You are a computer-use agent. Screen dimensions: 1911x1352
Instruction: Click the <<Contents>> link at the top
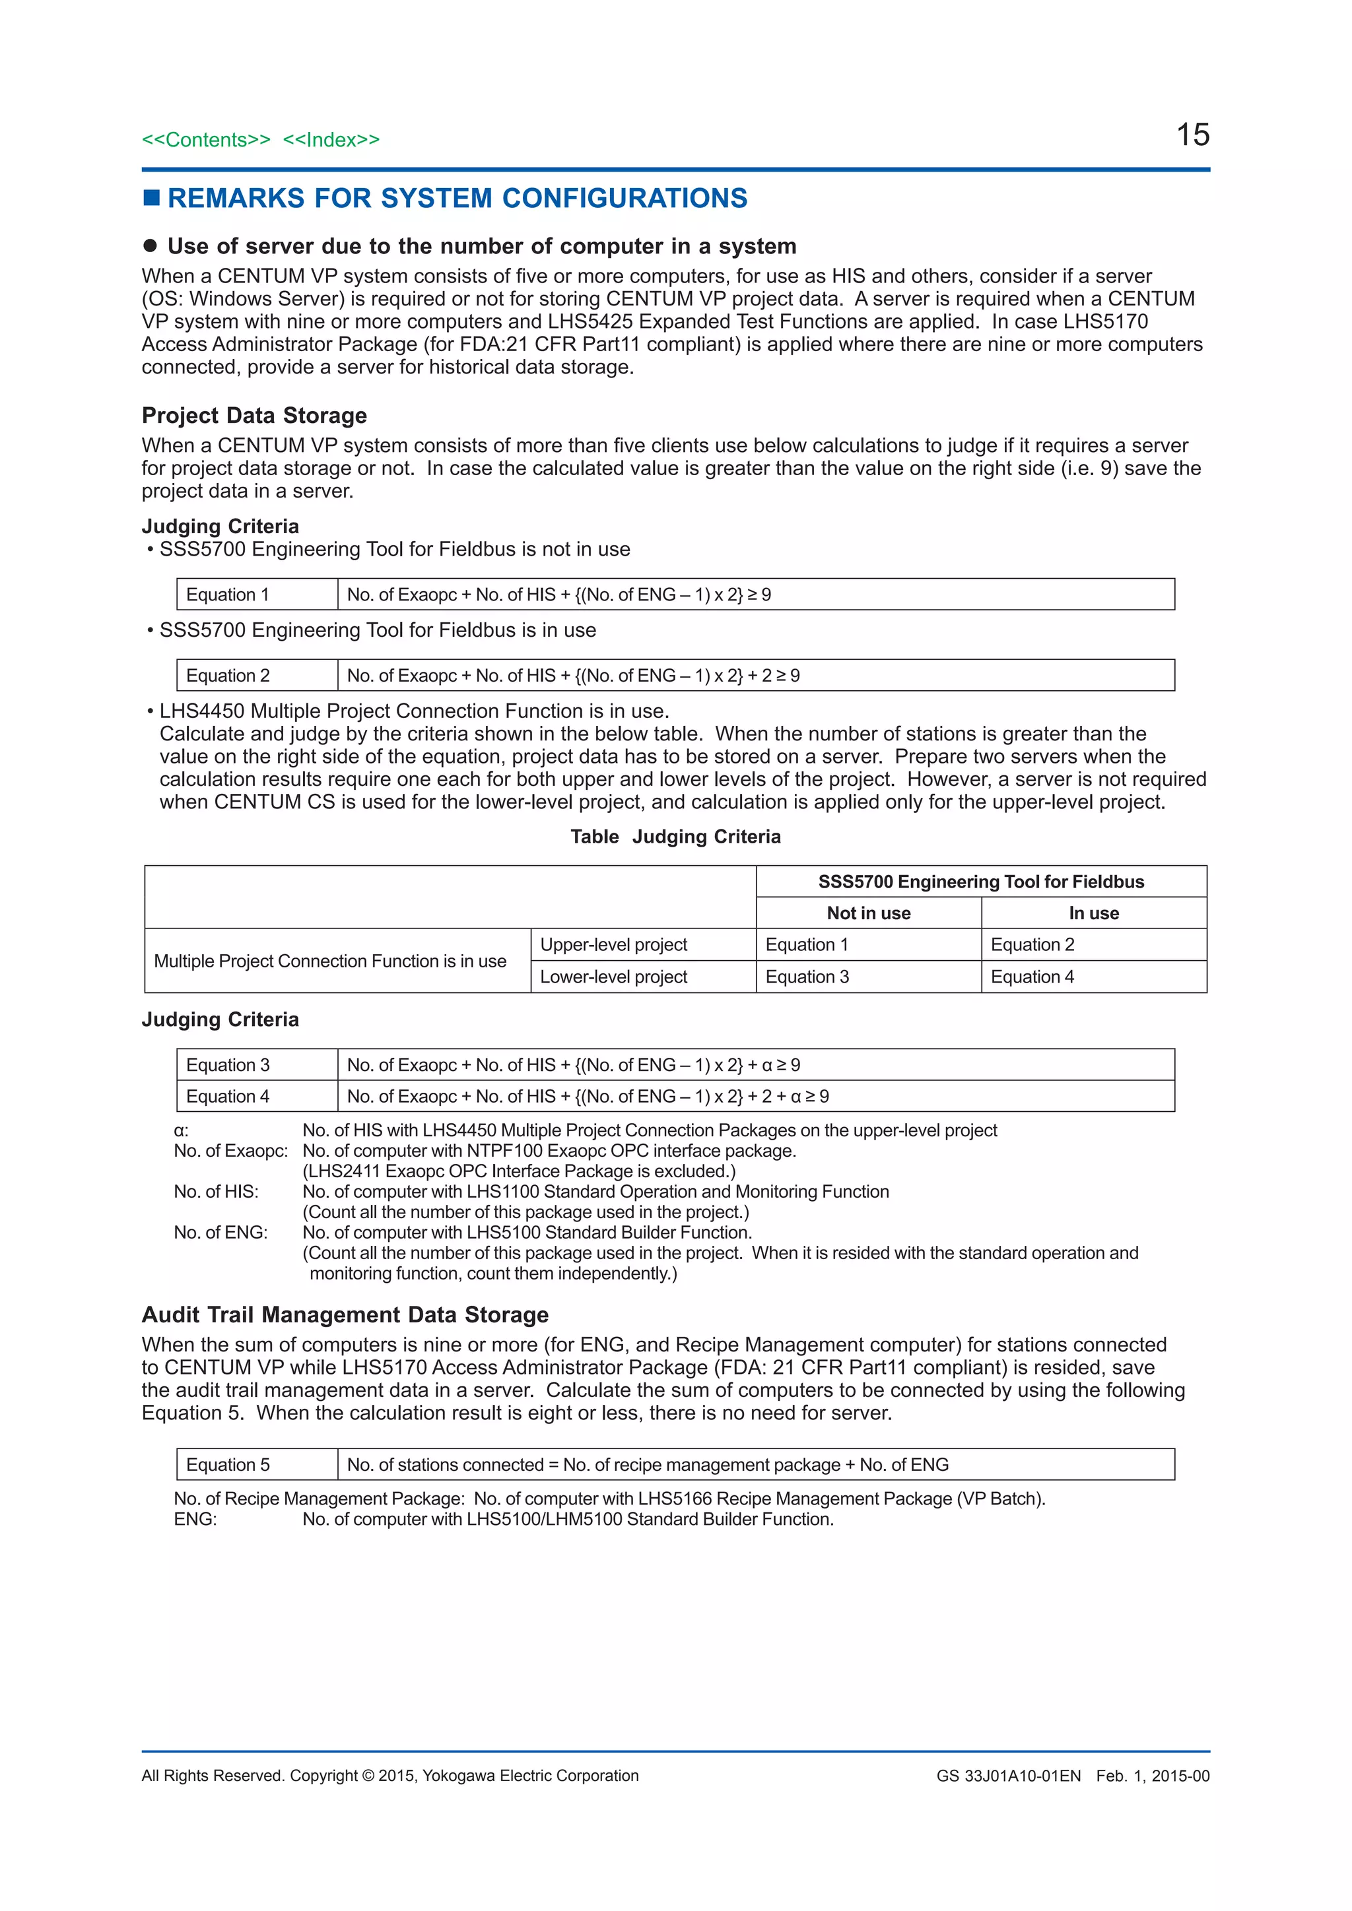pos(205,140)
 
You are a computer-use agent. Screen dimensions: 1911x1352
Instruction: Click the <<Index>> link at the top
pos(331,140)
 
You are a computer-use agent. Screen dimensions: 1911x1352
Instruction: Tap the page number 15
pos(1192,135)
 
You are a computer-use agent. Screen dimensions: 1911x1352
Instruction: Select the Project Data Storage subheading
pos(254,415)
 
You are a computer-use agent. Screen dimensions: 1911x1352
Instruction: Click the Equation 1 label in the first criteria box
pos(227,595)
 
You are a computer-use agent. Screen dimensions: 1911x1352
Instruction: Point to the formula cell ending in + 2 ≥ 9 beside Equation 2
pos(573,675)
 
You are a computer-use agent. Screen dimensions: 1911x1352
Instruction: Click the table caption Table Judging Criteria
pos(675,837)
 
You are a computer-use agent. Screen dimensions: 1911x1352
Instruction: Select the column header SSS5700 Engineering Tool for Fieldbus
pos(981,882)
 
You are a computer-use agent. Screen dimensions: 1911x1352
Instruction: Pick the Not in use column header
pos(868,913)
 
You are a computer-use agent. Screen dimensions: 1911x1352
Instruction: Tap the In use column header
pos(1093,913)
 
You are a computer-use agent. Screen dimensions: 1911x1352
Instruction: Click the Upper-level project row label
pos(613,945)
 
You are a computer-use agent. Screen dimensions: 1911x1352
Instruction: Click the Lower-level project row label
pos(613,977)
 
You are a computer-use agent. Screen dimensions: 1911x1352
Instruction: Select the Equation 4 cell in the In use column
pos(1032,977)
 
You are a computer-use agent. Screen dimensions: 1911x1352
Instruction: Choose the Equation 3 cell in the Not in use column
pos(807,977)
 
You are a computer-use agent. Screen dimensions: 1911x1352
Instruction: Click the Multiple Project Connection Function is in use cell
pos(329,961)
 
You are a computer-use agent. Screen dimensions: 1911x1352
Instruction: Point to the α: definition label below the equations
pos(182,1130)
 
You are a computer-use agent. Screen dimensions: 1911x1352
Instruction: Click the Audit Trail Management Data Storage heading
pos(345,1314)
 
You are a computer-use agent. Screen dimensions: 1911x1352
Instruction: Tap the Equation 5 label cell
pos(227,1464)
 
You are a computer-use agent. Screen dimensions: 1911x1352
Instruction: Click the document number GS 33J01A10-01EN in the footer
pos(1008,1775)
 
